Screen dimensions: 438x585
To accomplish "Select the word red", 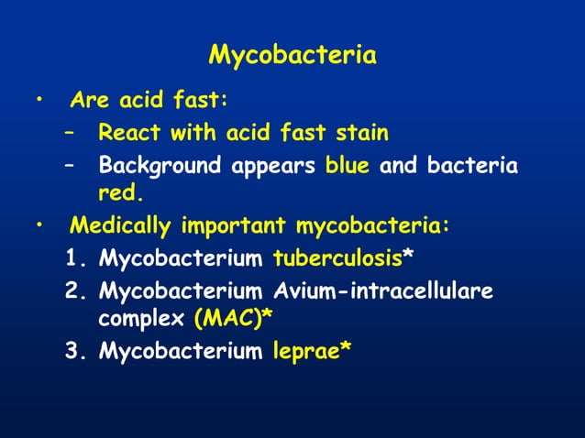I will point(120,193).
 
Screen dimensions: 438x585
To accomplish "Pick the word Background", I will point(151,167).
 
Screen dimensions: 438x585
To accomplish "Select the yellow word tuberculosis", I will point(337,259).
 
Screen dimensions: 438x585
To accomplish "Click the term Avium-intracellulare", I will point(383,292).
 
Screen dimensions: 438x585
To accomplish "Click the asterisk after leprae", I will point(346,348).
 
